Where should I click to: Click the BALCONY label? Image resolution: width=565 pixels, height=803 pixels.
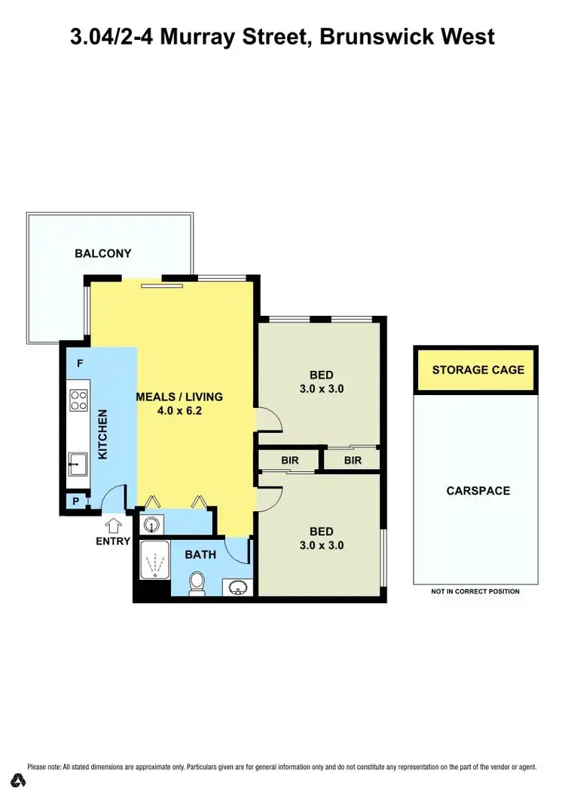102,253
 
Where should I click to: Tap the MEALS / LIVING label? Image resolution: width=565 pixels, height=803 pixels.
179,397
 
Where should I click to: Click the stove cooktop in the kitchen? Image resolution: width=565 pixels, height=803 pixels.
78,399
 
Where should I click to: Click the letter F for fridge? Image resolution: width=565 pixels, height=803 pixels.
79,363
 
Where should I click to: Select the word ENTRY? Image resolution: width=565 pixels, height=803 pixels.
112,541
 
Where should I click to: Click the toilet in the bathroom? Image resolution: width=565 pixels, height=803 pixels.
197,581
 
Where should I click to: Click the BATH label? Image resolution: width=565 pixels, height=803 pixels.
200,554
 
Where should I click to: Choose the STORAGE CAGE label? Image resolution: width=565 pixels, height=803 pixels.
478,370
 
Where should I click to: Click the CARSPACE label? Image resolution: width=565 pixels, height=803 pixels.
478,491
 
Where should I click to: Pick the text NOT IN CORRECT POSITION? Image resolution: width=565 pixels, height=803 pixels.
475,592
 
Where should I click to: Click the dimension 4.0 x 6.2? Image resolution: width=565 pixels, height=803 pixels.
179,412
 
